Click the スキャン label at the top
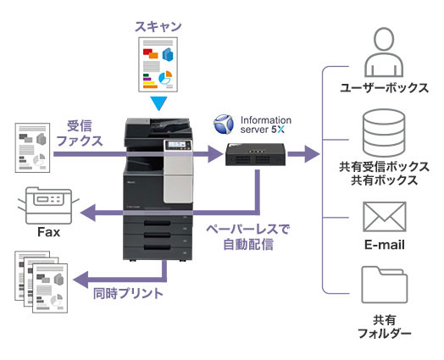click(x=158, y=26)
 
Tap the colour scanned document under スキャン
click(x=158, y=64)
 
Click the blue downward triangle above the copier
click(x=158, y=103)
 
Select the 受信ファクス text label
click(x=80, y=133)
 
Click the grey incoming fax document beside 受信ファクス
click(x=32, y=147)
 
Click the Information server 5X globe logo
click(x=224, y=124)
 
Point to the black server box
click(x=255, y=154)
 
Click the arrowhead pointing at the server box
click(x=215, y=154)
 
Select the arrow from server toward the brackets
click(x=303, y=154)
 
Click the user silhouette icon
click(x=384, y=52)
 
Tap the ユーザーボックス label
click(x=384, y=88)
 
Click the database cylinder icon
click(x=384, y=133)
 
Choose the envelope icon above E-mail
click(x=385, y=217)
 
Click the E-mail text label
click(x=384, y=245)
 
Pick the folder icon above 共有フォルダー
click(x=384, y=285)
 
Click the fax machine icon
click(x=48, y=205)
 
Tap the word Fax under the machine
click(x=48, y=232)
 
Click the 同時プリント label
click(x=128, y=293)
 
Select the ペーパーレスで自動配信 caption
click(x=248, y=237)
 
